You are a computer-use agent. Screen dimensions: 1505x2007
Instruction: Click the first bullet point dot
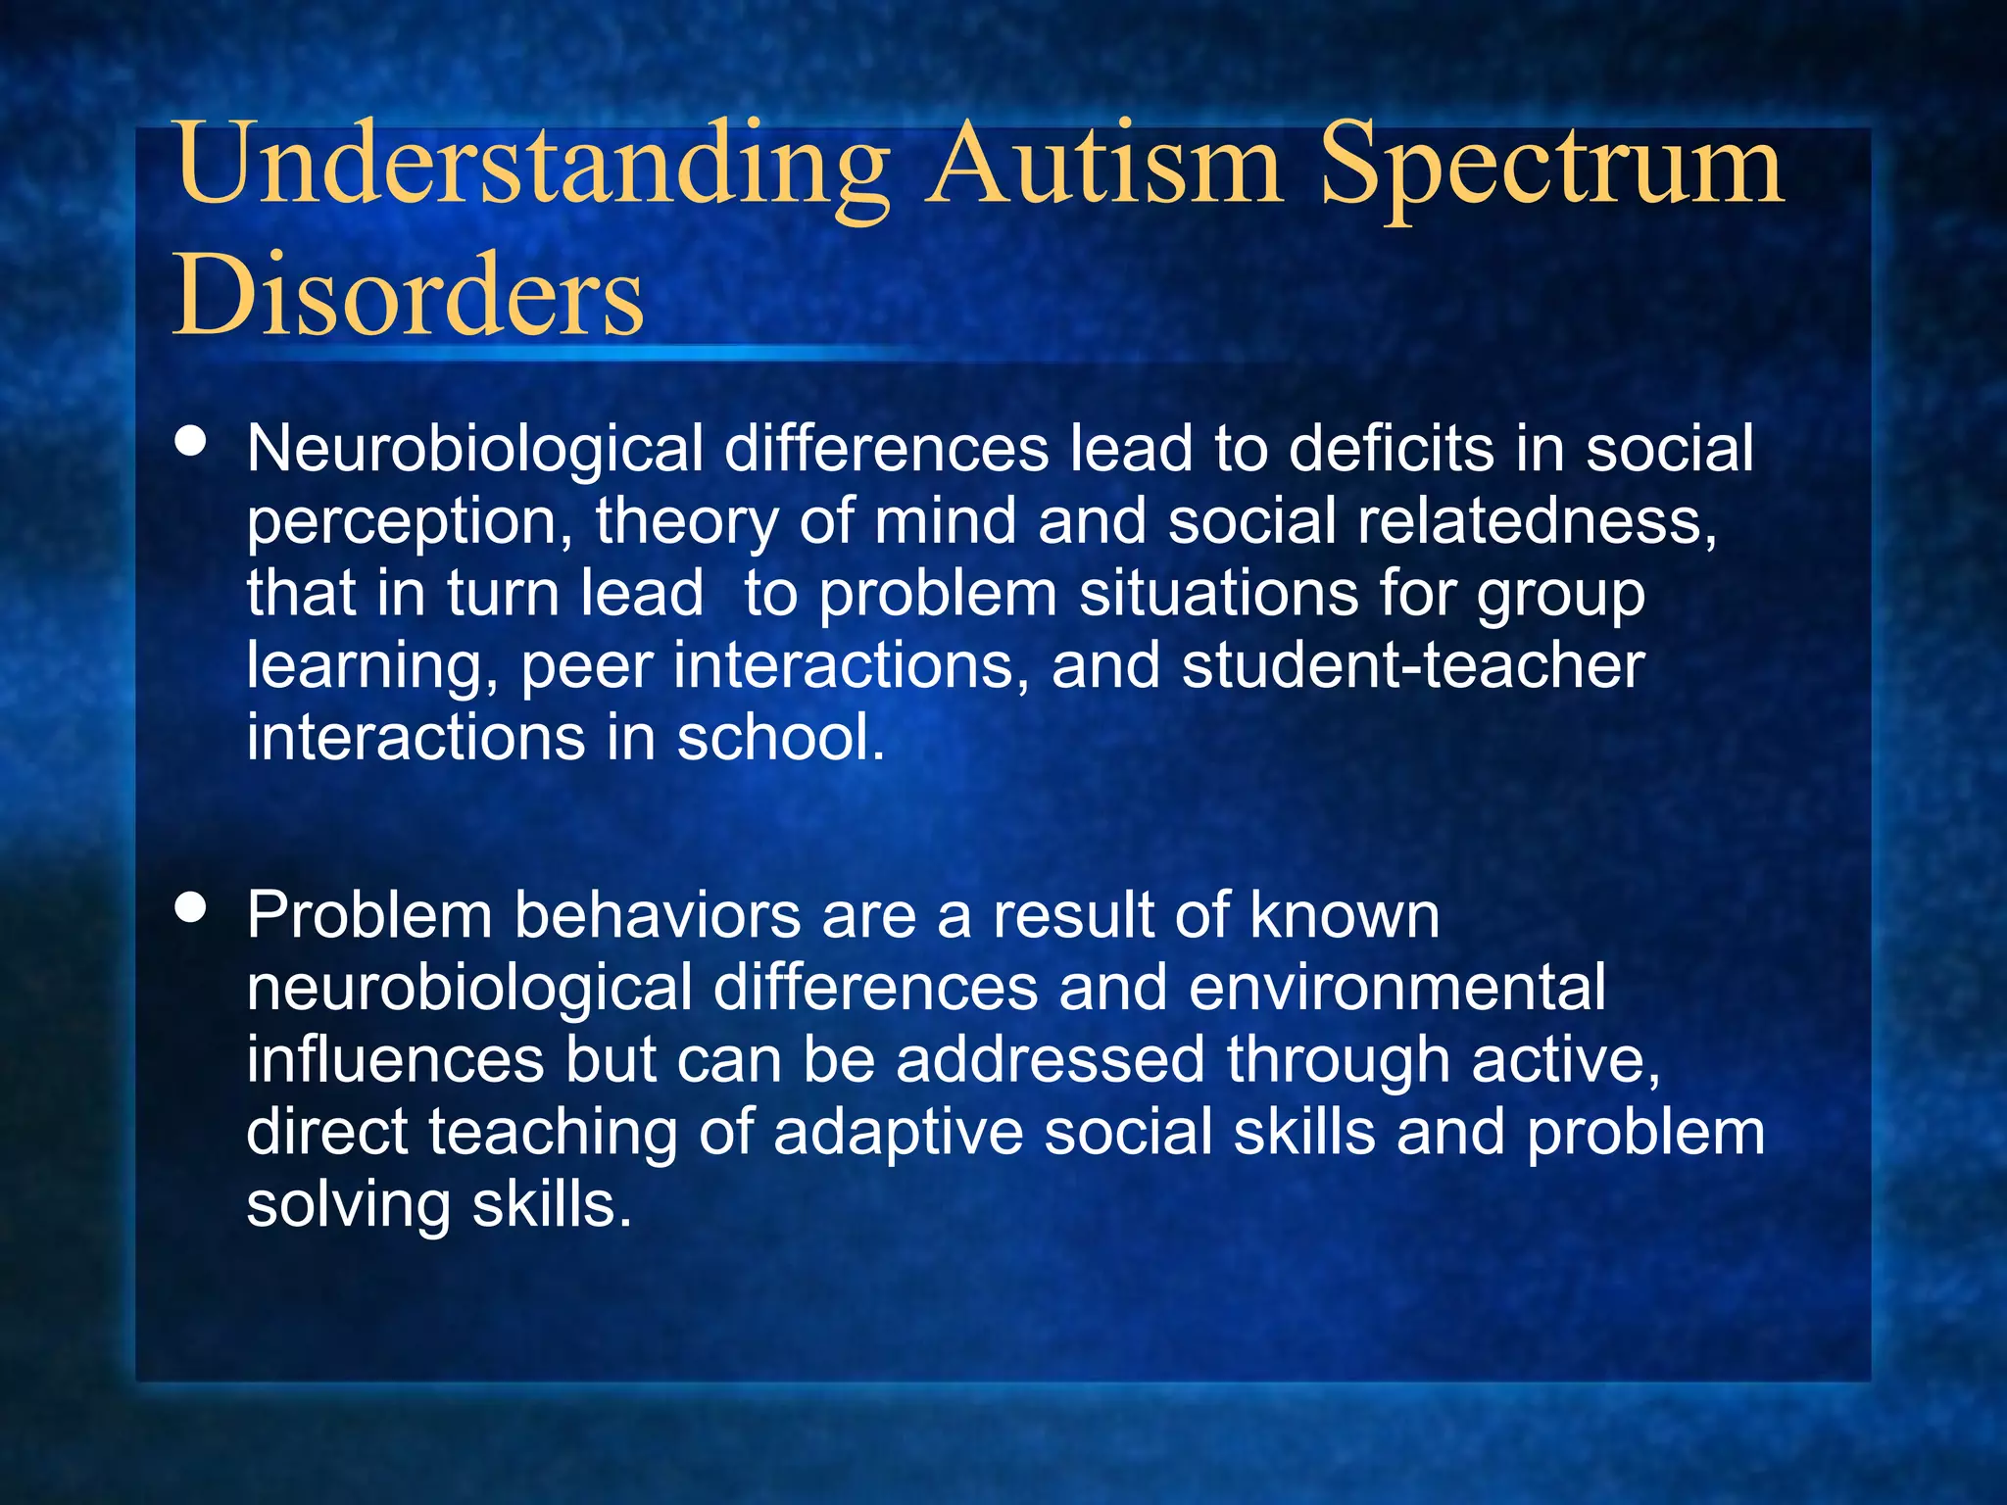pyautogui.click(x=190, y=441)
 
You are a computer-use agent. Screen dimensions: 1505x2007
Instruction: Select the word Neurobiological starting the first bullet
pyautogui.click(x=474, y=450)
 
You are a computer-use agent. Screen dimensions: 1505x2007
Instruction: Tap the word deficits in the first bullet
pyautogui.click(x=1391, y=449)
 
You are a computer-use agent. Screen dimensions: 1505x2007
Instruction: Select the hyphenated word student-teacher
pyautogui.click(x=1412, y=666)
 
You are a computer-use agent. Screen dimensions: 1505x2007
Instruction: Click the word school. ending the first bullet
pyautogui.click(x=781, y=738)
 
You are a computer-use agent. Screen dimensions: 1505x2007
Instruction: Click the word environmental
pyautogui.click(x=1397, y=988)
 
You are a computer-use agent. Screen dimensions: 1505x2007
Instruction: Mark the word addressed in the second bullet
pyautogui.click(x=1050, y=1060)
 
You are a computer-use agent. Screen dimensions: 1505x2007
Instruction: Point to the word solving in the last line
pyautogui.click(x=348, y=1206)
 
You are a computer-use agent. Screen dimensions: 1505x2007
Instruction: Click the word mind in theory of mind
pyautogui.click(x=945, y=521)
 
